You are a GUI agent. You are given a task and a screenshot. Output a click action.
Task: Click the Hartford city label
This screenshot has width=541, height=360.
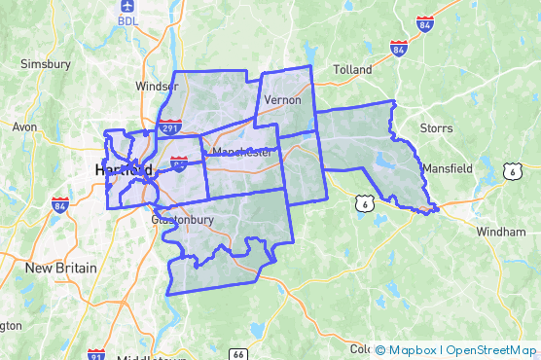tap(124, 170)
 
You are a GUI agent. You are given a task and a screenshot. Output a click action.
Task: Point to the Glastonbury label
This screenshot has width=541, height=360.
tap(182, 220)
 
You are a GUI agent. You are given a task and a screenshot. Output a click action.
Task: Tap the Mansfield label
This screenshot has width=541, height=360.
tap(447, 167)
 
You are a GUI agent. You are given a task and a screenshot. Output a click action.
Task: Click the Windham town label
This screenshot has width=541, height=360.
tap(501, 232)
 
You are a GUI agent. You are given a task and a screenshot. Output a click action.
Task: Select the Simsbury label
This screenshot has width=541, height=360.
tap(46, 64)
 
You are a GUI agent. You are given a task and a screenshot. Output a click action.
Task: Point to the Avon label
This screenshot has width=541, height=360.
tap(23, 126)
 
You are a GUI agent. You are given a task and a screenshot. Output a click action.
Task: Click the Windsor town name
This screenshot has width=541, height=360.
tap(157, 86)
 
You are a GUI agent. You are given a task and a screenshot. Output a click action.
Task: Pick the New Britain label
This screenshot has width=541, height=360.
tap(60, 268)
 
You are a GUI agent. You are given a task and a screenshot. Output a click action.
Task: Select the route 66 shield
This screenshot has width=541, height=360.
tap(239, 353)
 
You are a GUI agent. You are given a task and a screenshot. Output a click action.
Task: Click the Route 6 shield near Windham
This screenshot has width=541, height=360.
tap(512, 170)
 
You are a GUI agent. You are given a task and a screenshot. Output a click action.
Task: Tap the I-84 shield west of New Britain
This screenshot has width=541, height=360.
tap(60, 205)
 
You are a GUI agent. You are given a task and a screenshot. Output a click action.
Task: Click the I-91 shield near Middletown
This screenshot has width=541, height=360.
tap(95, 355)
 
